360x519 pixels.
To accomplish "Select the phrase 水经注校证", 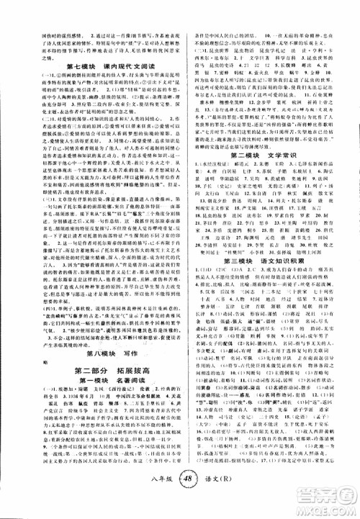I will (223, 186).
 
